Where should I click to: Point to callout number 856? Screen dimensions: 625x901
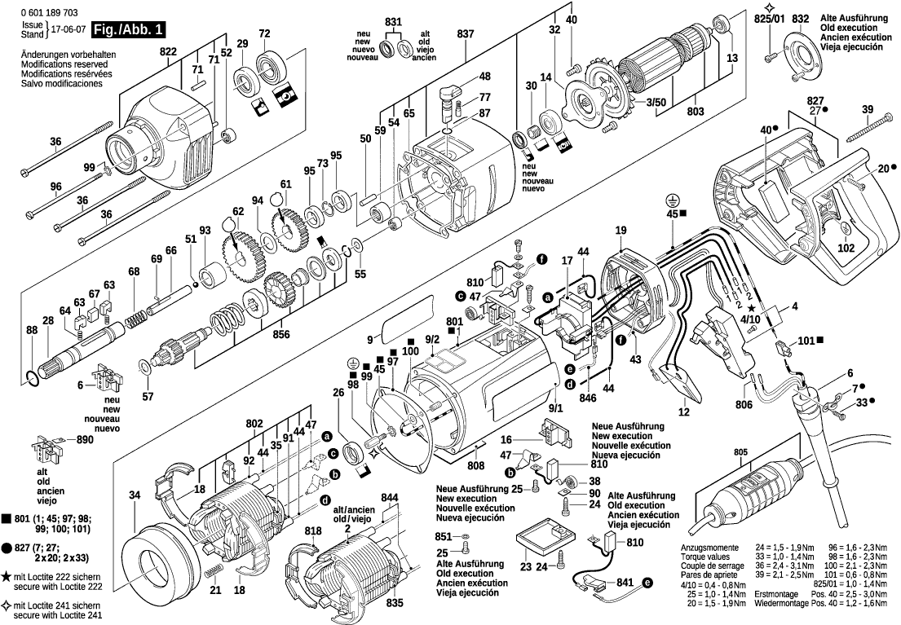[x=281, y=334]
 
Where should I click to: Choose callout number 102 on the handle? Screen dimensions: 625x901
[x=846, y=248]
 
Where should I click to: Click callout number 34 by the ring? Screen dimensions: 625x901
[x=134, y=495]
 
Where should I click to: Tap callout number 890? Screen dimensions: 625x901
[x=85, y=440]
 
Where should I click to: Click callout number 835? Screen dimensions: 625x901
[x=394, y=604]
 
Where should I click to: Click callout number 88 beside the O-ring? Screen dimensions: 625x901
[x=32, y=330]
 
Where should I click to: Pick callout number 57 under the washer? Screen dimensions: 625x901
[x=148, y=397]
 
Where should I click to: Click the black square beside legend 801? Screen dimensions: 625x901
[x=7, y=518]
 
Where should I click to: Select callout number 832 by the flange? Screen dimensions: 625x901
[x=801, y=18]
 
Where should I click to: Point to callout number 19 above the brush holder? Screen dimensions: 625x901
[x=621, y=232]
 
